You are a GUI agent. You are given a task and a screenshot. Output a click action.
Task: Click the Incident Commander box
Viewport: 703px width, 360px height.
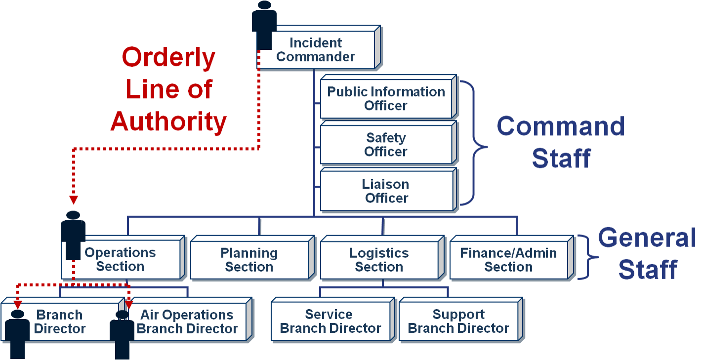316,50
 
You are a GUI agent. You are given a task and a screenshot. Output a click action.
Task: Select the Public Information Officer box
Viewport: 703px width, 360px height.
386,98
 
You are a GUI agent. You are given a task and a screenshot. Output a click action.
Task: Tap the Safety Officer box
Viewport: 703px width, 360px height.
386,145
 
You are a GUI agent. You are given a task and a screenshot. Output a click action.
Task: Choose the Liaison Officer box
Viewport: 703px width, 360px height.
386,191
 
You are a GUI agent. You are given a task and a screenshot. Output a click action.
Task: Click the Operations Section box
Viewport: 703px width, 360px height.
121,260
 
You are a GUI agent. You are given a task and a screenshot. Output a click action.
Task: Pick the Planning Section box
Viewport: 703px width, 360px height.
249,260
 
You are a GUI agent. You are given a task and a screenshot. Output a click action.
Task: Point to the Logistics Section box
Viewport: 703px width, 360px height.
379,260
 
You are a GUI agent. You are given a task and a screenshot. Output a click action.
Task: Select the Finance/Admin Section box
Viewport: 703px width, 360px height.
509,260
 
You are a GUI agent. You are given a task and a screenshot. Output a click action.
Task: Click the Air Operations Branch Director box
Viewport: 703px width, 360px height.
188,321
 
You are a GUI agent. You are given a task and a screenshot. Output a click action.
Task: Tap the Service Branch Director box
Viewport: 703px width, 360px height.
331,321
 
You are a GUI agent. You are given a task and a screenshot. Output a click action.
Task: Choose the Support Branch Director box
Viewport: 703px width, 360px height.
458,321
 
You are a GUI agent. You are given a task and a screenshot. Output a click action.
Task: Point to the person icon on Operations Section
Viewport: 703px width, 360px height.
73,235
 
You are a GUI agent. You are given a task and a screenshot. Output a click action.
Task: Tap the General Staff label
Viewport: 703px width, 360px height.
647,254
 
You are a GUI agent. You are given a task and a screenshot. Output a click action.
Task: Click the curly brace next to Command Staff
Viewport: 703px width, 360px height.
474,144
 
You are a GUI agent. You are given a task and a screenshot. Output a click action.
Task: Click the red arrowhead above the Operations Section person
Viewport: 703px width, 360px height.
73,200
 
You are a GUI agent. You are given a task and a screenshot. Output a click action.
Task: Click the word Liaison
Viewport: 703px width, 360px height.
386,185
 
